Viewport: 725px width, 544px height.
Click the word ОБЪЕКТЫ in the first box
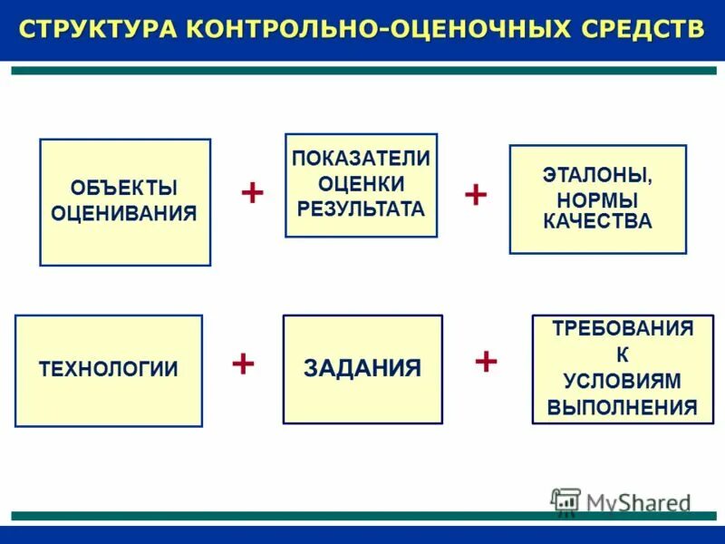click(124, 189)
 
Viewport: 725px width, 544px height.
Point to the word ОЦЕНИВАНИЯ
click(124, 214)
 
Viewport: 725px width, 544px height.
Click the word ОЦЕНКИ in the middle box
click(361, 184)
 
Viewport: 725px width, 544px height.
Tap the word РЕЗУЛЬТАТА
click(361, 209)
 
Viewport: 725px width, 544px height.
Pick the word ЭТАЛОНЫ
click(597, 176)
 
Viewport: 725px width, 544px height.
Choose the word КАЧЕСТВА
click(597, 222)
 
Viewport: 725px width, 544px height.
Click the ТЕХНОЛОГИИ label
click(109, 370)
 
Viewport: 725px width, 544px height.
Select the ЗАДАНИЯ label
click(362, 369)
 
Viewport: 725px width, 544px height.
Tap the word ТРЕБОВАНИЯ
click(623, 329)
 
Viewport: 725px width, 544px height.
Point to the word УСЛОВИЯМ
click(622, 381)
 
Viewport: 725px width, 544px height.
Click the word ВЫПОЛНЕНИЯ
click(623, 407)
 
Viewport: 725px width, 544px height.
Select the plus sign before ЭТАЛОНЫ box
click(476, 193)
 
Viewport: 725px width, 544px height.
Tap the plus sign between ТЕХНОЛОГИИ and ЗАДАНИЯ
click(243, 363)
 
